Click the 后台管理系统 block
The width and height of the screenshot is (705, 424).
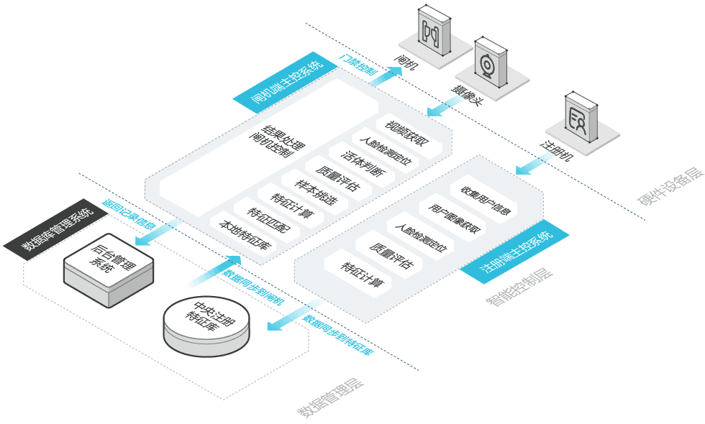[109, 270]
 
